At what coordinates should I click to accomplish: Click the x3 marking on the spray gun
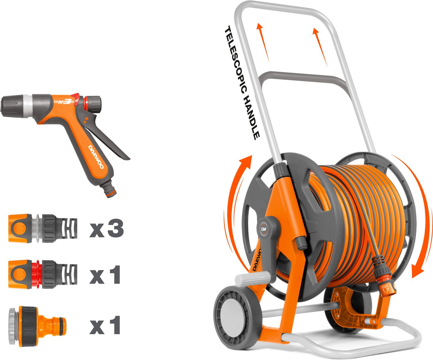[x=64, y=101]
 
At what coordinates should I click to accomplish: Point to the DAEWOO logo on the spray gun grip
[x=96, y=157]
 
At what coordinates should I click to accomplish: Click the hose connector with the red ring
[x=43, y=274]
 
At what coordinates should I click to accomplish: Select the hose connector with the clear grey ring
[x=43, y=228]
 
